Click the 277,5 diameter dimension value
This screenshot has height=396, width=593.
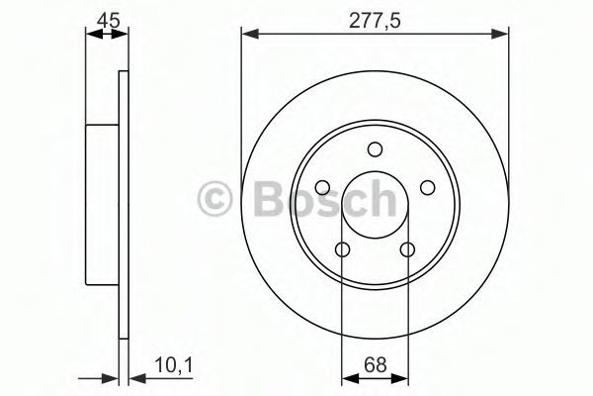[375, 21]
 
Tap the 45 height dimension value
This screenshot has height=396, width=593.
[108, 20]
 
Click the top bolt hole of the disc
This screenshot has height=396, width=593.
[376, 149]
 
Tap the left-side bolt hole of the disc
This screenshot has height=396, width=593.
[322, 187]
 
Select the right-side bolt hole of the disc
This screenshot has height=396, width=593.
[428, 187]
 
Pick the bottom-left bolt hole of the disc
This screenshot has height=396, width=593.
[343, 249]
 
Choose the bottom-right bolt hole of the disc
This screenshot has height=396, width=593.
[407, 249]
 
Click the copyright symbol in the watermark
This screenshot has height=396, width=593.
[214, 199]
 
